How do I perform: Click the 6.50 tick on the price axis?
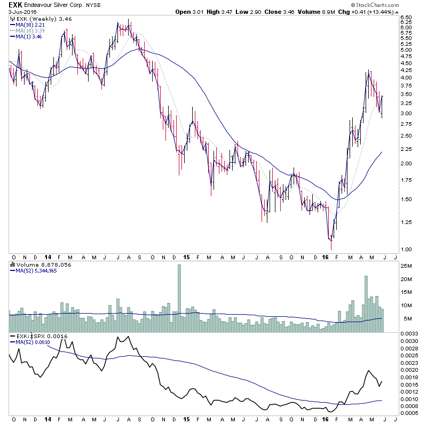coord(406,17)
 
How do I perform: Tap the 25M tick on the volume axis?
coord(406,266)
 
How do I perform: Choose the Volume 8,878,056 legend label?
coord(37,265)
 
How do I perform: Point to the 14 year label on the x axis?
coord(48,256)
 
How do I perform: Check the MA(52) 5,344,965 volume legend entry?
coord(37,270)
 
